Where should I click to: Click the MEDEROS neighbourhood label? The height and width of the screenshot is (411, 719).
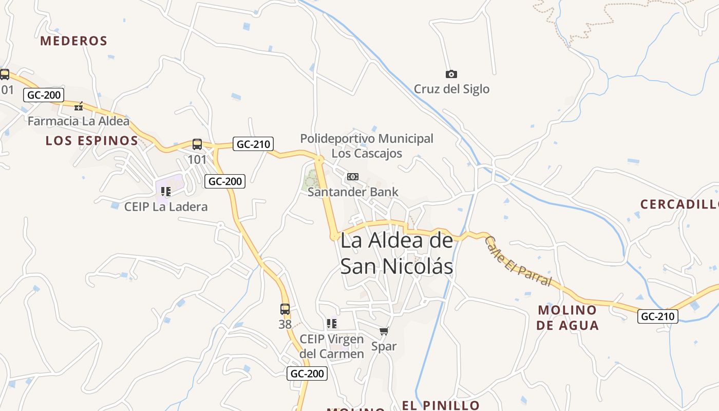tap(73, 41)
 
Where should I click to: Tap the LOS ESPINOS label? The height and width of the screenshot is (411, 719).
tap(92, 141)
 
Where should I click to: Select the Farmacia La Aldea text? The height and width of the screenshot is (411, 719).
tap(79, 121)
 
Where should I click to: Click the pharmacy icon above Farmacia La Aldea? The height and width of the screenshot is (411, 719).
tap(79, 106)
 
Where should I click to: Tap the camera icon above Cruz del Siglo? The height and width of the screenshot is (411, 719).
tap(451, 74)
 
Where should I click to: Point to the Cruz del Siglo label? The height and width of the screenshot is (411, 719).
tap(451, 89)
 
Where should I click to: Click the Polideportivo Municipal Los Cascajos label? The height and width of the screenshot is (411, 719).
tap(367, 146)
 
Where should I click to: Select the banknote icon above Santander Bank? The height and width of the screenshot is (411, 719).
tap(353, 177)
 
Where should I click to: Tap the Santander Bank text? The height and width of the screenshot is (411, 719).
tap(353, 192)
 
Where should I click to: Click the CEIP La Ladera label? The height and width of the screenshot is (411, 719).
tap(166, 207)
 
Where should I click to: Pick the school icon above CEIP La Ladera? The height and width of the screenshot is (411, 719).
tap(165, 192)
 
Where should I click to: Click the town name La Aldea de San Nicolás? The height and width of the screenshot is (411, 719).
tap(397, 253)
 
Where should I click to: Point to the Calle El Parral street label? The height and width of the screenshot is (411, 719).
tap(518, 261)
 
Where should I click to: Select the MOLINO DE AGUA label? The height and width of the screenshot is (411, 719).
tap(567, 317)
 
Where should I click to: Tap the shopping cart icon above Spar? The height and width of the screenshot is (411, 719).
tap(384, 331)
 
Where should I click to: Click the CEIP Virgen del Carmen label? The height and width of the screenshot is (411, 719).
tap(332, 346)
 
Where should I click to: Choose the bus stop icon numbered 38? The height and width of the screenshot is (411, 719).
tap(285, 309)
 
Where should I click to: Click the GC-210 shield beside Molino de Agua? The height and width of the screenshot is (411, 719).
tap(658, 316)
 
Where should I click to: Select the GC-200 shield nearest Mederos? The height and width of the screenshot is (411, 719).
tap(44, 95)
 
